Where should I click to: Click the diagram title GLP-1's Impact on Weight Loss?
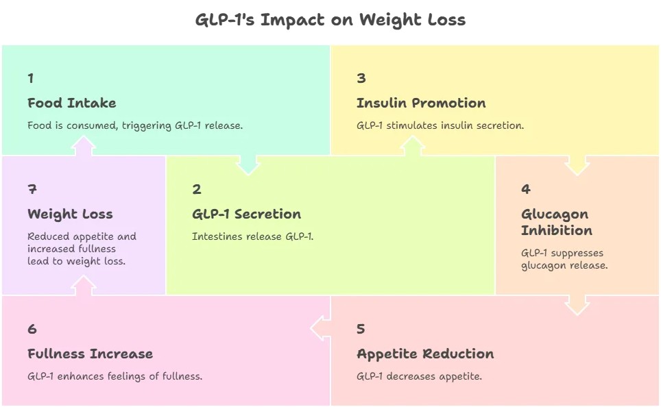point(330,20)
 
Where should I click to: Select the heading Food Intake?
point(72,103)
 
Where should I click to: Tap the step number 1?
point(31,78)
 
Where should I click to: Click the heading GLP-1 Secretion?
point(246,214)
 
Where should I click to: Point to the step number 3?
point(361,78)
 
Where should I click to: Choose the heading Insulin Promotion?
point(421,103)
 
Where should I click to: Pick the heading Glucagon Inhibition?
point(556,222)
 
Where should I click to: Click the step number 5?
point(361,329)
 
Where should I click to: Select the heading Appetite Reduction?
point(425,354)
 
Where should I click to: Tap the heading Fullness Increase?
point(90,354)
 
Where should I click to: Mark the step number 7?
point(32,190)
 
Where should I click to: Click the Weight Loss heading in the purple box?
point(70,214)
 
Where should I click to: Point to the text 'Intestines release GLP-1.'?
point(252,236)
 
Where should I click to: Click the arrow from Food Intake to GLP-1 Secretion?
point(248,164)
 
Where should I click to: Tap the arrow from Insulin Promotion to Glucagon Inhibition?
point(577,164)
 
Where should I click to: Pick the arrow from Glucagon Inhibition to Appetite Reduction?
point(577,304)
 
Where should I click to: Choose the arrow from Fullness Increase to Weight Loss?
point(84,286)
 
